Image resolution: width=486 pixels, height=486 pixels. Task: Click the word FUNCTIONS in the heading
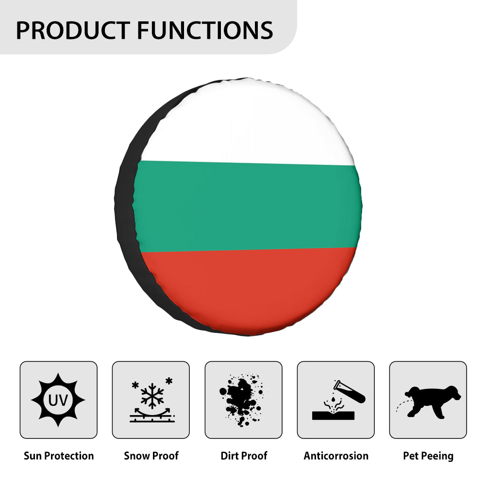(x=205, y=30)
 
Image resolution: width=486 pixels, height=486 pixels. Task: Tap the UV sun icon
(x=58, y=400)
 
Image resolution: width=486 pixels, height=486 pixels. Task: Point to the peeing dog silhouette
(x=432, y=401)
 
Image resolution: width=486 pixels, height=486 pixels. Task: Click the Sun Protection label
(x=59, y=456)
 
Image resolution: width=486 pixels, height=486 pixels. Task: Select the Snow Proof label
(x=151, y=456)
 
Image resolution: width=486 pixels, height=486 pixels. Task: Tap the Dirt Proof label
(x=244, y=456)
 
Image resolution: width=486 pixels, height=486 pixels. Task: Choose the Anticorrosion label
(x=336, y=456)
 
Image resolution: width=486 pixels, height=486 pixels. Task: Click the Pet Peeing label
(x=428, y=456)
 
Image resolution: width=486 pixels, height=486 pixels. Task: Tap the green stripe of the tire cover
(x=248, y=206)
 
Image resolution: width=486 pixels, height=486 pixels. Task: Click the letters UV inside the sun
(x=58, y=401)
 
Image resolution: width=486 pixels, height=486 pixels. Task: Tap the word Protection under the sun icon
(x=68, y=456)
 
